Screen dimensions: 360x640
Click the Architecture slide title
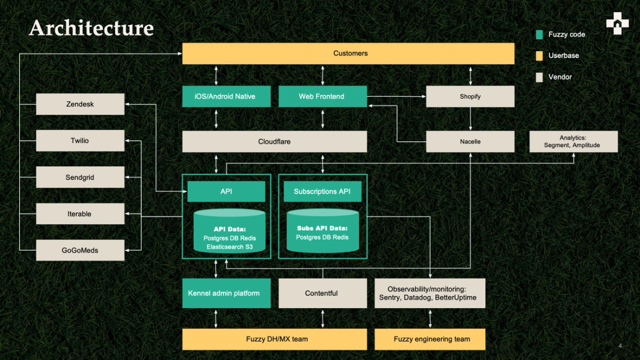pos(91,28)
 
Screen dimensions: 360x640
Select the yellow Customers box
pos(348,54)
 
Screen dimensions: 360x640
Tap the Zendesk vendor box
pos(80,105)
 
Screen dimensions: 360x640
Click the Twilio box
pos(80,141)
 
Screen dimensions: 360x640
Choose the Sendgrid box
pos(80,177)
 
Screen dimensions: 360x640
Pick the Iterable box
pos(80,214)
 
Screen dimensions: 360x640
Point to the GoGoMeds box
pos(80,250)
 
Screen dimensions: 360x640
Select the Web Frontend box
pos(322,97)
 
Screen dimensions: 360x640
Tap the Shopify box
pos(470,97)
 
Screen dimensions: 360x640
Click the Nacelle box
pos(470,141)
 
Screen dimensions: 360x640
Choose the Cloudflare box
pos(275,141)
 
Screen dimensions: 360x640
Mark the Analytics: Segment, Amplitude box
pos(573,141)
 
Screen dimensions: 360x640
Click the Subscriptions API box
pos(322,191)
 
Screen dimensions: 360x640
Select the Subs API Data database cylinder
pos(322,231)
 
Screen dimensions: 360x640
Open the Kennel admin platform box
pos(226,293)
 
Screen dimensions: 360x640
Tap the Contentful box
pos(322,293)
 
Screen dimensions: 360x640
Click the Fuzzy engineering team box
pos(429,339)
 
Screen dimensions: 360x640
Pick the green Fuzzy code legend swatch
pos(539,35)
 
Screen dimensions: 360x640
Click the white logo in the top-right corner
pos(617,24)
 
